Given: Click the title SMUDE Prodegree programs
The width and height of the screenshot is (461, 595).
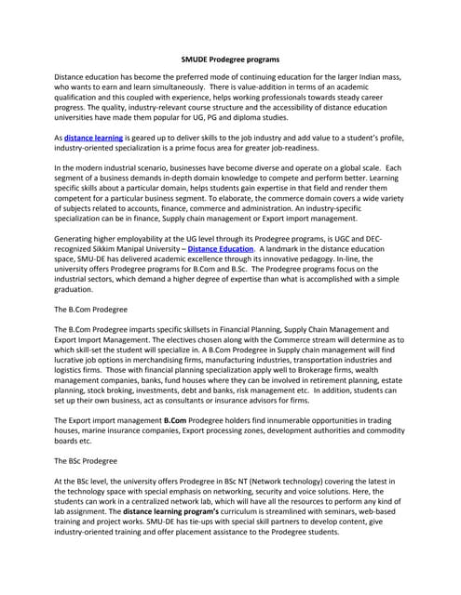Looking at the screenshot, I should [229, 59].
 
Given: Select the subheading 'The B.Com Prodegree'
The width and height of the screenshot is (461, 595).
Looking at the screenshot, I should [91, 307].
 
